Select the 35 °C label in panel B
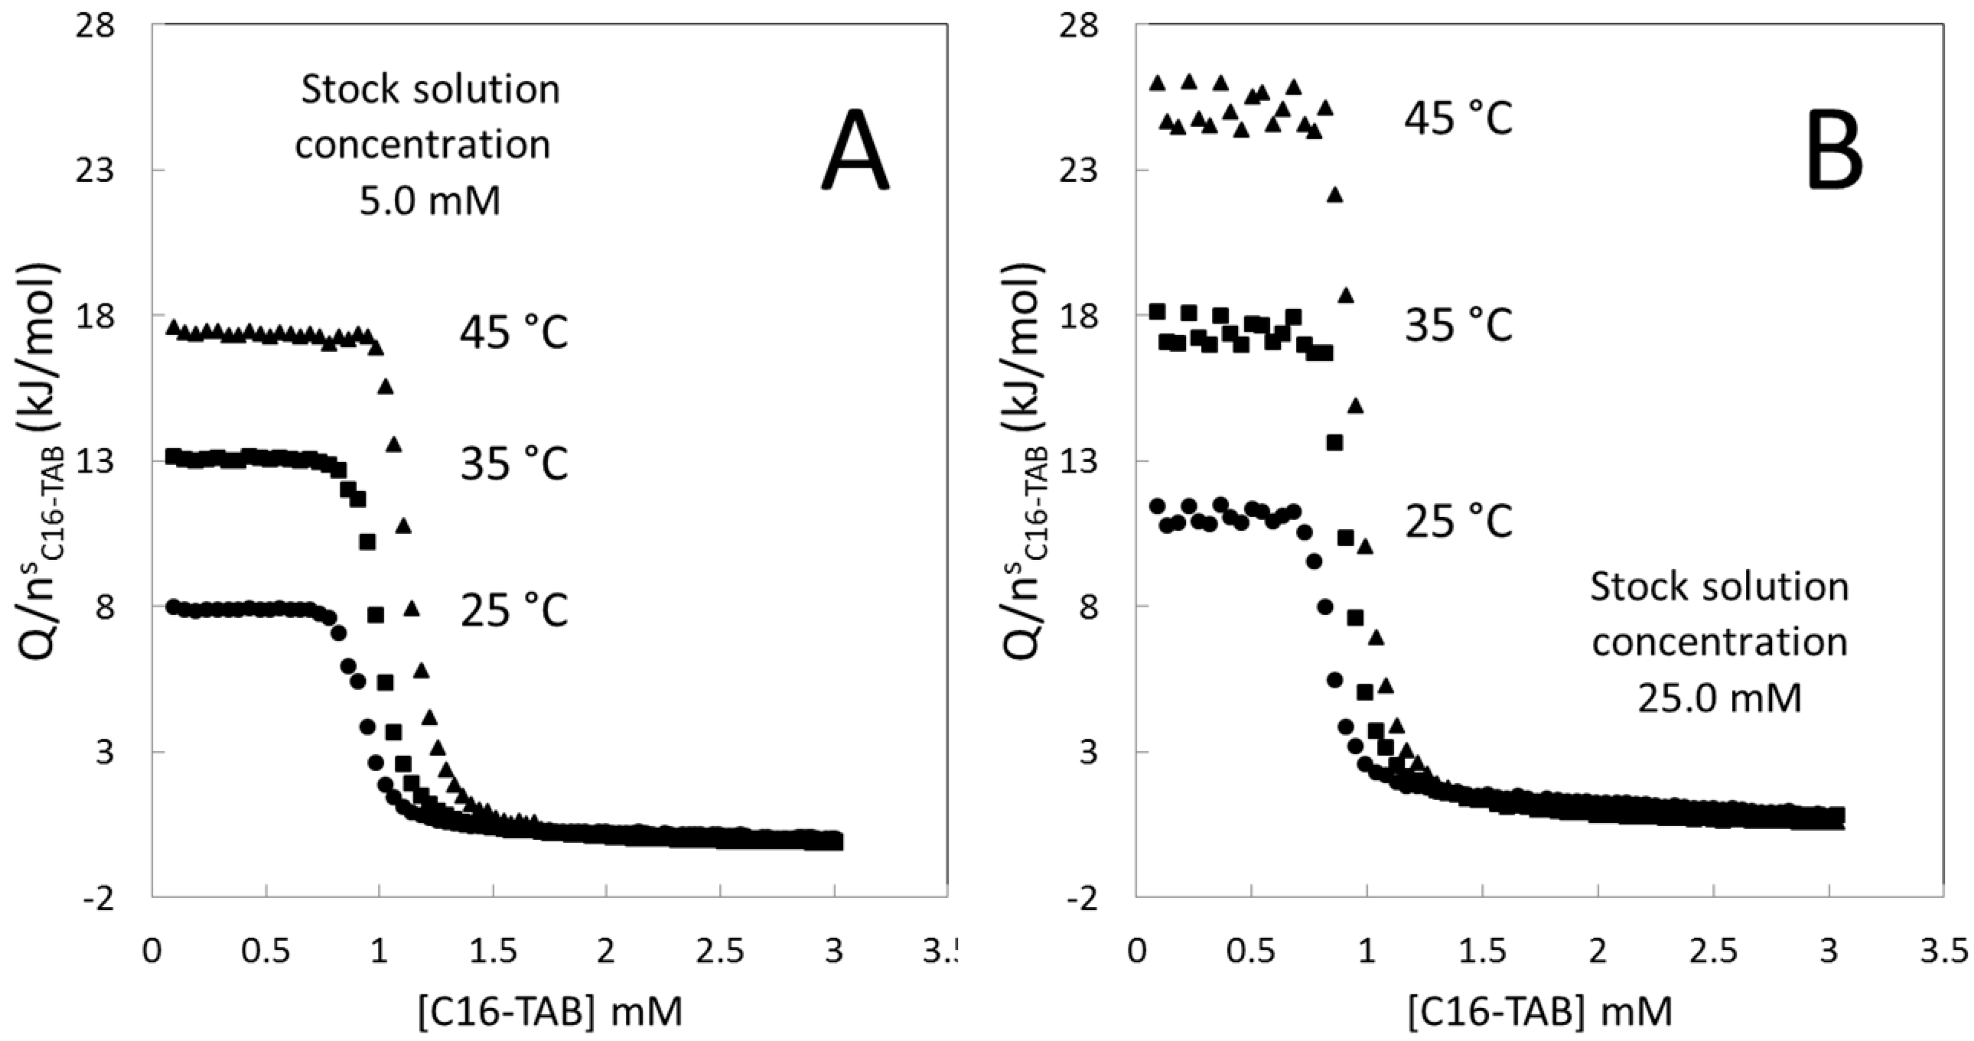point(1458,324)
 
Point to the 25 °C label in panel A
point(514,611)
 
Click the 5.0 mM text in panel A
point(430,201)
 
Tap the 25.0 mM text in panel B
point(1719,698)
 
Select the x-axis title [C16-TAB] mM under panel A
point(549,1012)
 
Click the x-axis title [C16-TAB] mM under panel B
point(1539,1012)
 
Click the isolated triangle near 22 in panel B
point(1335,194)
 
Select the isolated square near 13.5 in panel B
point(1335,442)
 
